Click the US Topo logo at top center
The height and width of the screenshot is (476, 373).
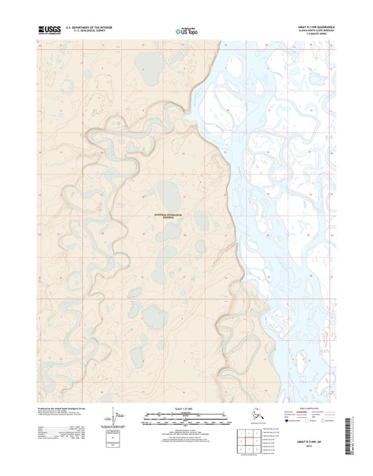[186, 30]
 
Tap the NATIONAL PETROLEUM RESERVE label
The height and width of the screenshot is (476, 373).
[166, 216]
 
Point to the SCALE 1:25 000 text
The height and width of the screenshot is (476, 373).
[185, 408]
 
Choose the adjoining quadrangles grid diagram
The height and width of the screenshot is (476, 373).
[246, 439]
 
